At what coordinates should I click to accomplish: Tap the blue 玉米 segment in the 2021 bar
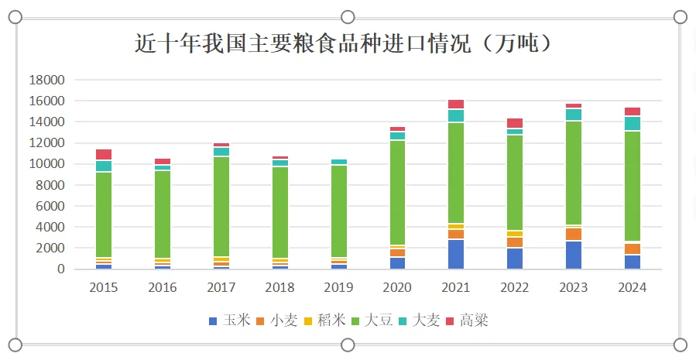tap(456, 255)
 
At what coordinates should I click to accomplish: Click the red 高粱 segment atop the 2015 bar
tap(104, 155)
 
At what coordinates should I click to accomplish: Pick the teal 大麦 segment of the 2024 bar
tap(633, 123)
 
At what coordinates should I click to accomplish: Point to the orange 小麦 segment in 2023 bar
tap(574, 235)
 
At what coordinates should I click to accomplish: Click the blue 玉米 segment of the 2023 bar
tap(574, 255)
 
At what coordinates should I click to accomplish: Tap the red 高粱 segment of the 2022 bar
tap(515, 123)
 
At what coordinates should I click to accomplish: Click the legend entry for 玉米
tap(230, 321)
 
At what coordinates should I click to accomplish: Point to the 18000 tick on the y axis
tap(46, 80)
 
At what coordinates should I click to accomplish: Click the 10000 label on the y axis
tap(46, 164)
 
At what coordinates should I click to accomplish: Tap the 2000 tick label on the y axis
tap(49, 249)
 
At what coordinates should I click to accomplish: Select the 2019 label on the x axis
tap(339, 288)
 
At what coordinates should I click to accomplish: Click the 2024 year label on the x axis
tap(633, 288)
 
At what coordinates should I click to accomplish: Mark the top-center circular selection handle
tap(348, 17)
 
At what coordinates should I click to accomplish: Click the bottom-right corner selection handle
tap(681, 345)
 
